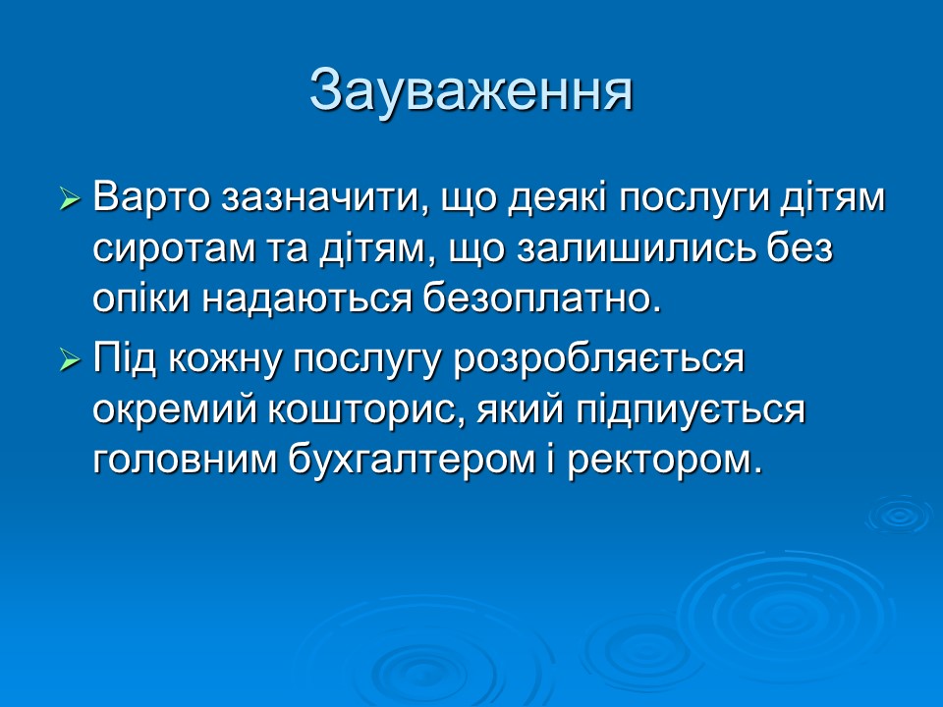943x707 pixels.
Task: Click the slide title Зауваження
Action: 471,90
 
